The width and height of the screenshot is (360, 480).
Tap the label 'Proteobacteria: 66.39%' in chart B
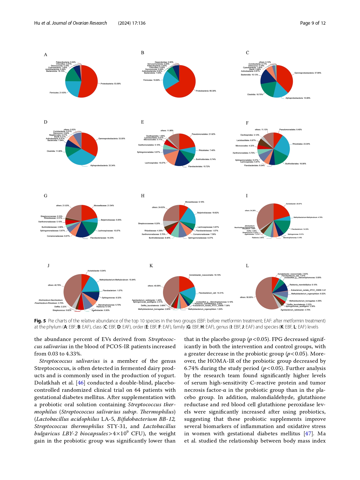(x=206, y=91)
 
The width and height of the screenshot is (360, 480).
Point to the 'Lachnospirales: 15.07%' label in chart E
(x=155, y=163)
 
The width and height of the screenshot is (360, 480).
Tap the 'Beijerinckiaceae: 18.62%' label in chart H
(x=208, y=213)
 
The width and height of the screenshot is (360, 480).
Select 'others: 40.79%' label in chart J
(x=55, y=285)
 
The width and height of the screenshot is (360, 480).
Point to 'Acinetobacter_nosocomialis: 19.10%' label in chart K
(x=205, y=275)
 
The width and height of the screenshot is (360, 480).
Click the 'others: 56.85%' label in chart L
(x=246, y=297)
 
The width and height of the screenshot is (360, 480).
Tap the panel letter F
(x=247, y=123)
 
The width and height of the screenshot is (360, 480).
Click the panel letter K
(x=151, y=266)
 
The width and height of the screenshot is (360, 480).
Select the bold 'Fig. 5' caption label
(x=40, y=321)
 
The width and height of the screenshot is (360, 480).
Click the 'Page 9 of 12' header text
(x=313, y=23)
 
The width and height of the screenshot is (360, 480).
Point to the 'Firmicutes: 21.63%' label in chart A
(x=58, y=93)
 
